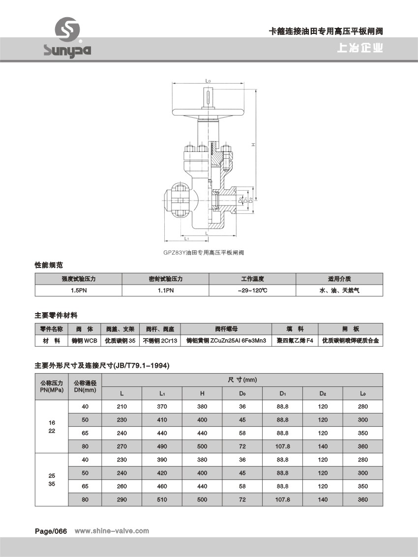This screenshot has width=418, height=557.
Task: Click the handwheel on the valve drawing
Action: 209,111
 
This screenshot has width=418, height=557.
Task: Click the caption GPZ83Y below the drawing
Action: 204,252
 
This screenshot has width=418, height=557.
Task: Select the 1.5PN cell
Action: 78,291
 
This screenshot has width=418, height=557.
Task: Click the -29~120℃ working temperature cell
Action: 252,291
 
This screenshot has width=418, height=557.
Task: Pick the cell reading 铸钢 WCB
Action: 85,340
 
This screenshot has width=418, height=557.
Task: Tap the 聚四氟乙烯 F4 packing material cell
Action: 295,340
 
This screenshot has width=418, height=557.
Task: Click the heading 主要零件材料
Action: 56,315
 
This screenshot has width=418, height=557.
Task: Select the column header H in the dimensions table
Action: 202,393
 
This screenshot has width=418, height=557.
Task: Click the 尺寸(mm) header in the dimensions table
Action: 242,380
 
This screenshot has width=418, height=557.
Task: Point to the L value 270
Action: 122,446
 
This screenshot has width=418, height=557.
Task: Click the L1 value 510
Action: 162,499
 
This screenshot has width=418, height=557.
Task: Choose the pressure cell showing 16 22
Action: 52,426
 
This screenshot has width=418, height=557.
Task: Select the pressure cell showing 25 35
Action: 52,479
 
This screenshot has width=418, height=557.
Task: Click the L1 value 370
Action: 162,407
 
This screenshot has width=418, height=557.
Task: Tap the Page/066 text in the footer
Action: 51,531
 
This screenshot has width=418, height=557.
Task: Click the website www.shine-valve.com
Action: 111,531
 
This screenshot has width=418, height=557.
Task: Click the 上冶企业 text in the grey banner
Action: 360,49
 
